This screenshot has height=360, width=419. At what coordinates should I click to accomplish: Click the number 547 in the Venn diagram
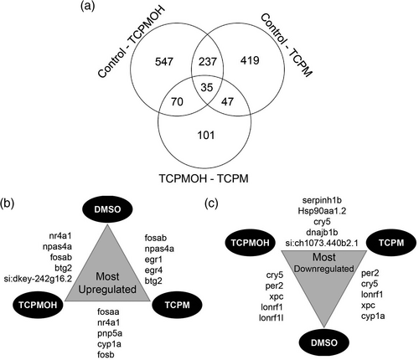(x=164, y=61)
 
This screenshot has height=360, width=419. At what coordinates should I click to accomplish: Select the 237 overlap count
(x=207, y=61)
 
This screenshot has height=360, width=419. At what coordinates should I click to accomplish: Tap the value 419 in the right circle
(x=250, y=60)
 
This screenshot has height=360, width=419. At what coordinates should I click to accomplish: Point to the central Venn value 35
(x=207, y=87)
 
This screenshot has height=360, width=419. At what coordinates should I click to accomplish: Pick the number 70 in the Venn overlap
(x=177, y=101)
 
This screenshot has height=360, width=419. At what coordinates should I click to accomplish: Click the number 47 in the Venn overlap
(x=227, y=101)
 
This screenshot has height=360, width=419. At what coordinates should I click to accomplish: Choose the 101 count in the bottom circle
(x=206, y=135)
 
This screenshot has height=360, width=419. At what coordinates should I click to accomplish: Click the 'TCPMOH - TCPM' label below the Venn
(x=204, y=178)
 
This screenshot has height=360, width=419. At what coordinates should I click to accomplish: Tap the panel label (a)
(x=87, y=6)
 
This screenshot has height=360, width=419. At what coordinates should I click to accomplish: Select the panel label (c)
(x=211, y=203)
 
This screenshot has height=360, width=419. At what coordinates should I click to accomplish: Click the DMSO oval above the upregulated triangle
(x=107, y=209)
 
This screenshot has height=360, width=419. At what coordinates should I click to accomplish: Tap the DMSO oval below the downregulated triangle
(x=324, y=342)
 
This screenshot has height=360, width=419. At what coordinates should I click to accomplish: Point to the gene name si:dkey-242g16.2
(x=38, y=279)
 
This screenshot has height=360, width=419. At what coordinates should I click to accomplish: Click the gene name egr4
(x=153, y=270)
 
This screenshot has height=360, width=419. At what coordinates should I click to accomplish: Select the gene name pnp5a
(x=110, y=333)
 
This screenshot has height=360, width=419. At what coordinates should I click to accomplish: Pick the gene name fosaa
(x=108, y=311)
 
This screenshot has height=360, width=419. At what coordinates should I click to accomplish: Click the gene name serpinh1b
(x=322, y=200)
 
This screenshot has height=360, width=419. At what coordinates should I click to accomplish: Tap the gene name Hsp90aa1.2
(x=322, y=211)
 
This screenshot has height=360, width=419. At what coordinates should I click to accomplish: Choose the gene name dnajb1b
(x=322, y=232)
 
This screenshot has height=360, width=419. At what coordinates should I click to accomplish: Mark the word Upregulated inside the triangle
(x=107, y=290)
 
